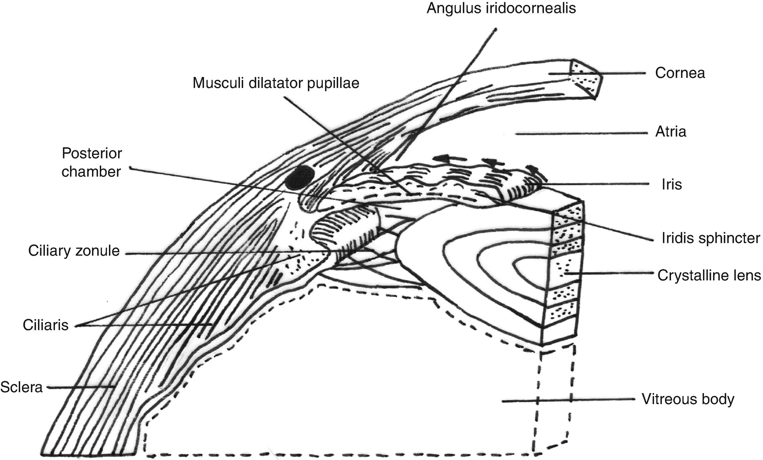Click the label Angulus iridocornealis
pos(501,9)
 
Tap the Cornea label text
pos(680,73)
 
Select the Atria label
pos(671,132)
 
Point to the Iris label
pos(671,184)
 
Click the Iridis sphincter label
pos(710,238)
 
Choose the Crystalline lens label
pos(709,275)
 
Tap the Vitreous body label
pos(687,399)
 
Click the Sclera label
pos(22,387)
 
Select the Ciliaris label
pos(45,325)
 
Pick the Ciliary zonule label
pos(74,251)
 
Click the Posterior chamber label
pos(92,162)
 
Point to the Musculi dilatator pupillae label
pos(276,83)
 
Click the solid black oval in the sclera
pos(299,178)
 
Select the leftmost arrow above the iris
pos(444,159)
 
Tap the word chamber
pos(92,171)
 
